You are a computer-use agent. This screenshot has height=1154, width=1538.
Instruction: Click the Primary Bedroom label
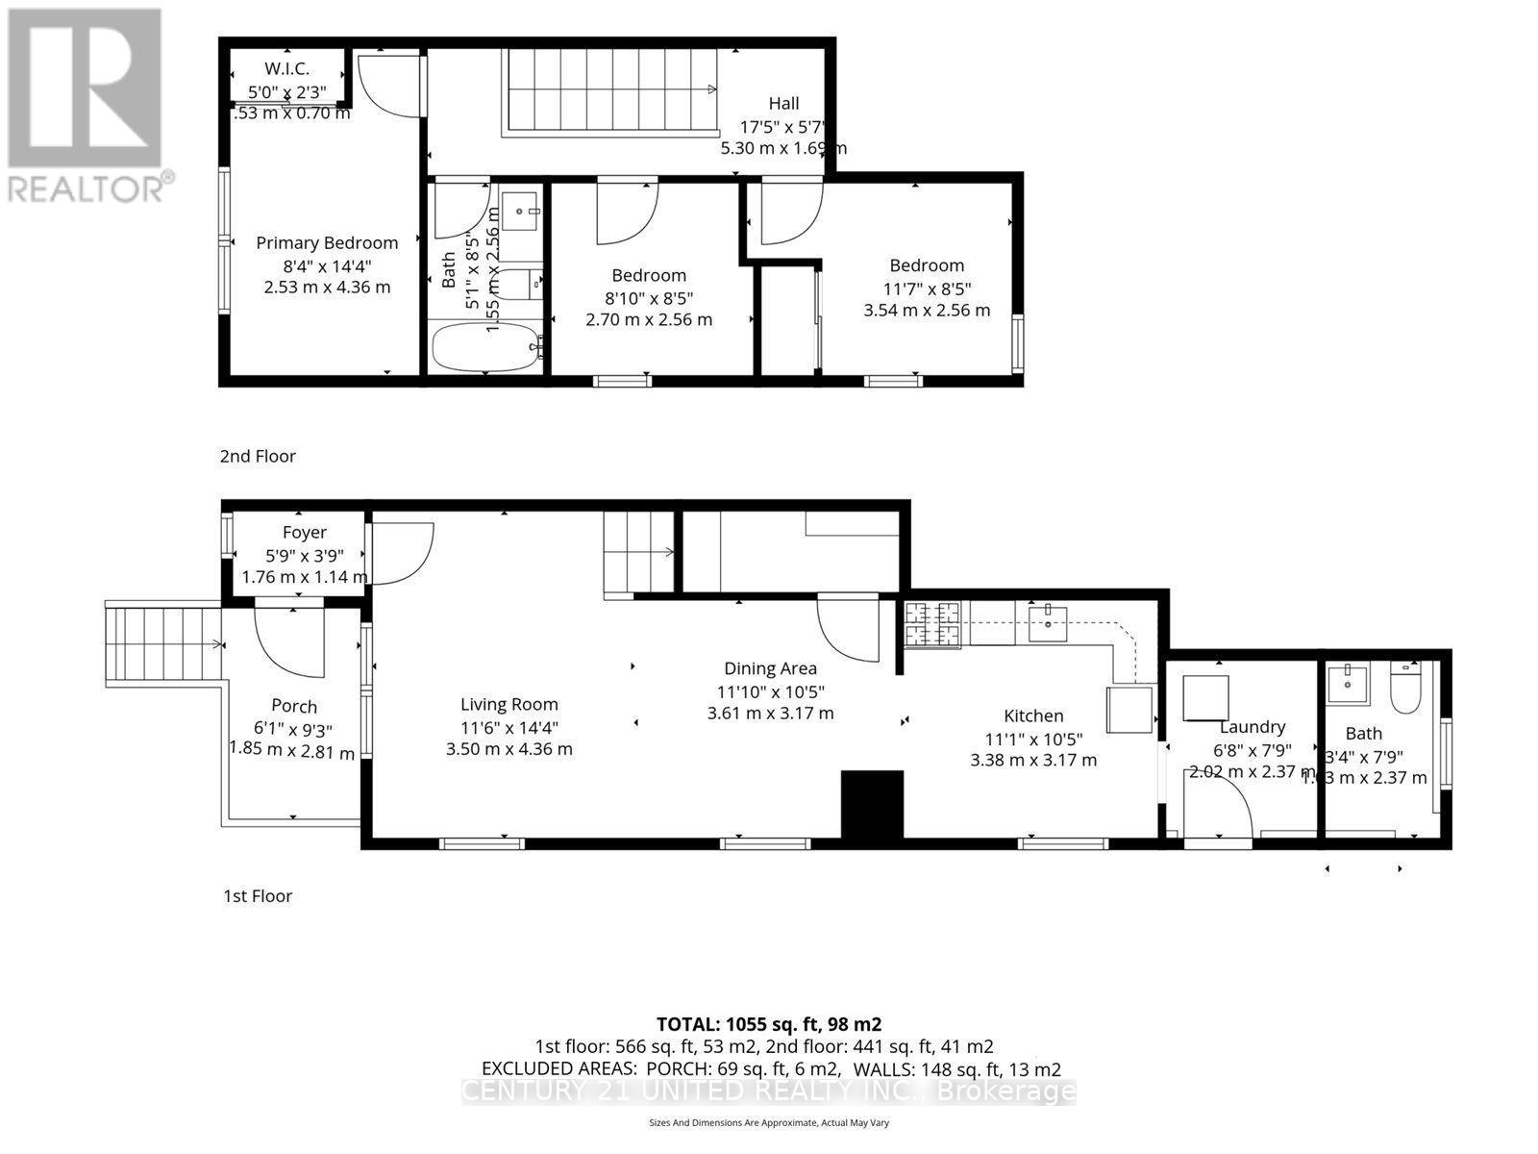pyautogui.click(x=327, y=243)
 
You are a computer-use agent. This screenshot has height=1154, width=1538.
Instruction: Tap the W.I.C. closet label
pyautogui.click(x=286, y=68)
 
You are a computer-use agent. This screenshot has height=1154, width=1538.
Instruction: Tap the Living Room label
pyautogui.click(x=509, y=704)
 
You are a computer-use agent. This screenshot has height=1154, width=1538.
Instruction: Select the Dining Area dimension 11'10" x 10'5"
pyautogui.click(x=770, y=691)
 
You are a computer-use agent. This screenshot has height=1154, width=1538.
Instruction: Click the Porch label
pyautogui.click(x=294, y=706)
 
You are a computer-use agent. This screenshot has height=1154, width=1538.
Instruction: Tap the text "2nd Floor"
pyautogui.click(x=258, y=456)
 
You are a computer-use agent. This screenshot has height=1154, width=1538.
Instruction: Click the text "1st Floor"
pyautogui.click(x=258, y=895)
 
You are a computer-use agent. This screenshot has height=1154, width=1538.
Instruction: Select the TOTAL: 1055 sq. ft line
pyautogui.click(x=769, y=1024)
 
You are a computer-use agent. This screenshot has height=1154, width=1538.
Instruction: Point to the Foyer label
pyautogui.click(x=304, y=532)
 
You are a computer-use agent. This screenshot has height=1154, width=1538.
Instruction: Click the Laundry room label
pyautogui.click(x=1252, y=728)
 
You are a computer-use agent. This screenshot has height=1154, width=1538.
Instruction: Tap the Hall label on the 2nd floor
pyautogui.click(x=783, y=103)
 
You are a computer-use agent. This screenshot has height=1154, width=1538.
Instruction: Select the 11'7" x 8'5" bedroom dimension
pyautogui.click(x=926, y=288)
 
